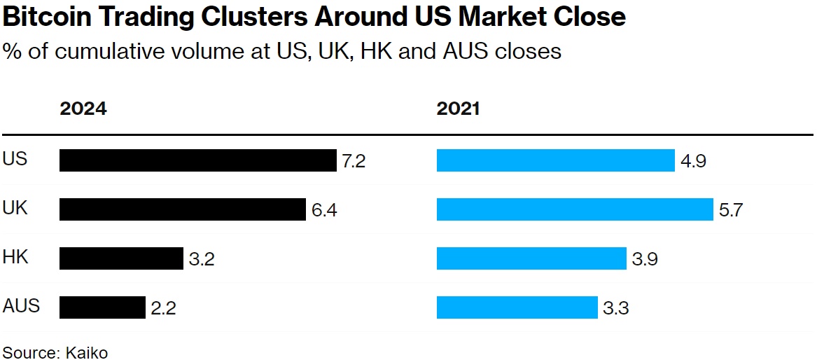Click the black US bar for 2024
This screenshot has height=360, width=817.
coord(197,160)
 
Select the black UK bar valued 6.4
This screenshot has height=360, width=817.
coord(182,209)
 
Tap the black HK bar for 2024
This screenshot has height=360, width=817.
coord(120,258)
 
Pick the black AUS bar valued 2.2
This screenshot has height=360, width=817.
coord(102,307)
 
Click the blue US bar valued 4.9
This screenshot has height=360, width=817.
coord(555,160)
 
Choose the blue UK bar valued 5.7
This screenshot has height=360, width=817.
coord(575,209)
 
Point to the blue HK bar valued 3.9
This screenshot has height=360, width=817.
coord(531,258)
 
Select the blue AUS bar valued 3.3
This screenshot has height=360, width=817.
coord(517,307)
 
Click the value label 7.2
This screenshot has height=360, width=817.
coord(354,161)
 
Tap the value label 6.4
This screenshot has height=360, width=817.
coord(324,210)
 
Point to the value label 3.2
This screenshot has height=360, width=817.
coord(201,259)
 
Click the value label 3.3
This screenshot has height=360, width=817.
coord(615,308)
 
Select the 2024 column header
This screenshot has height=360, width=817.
coord(83,109)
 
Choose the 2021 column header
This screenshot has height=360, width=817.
coord(458,109)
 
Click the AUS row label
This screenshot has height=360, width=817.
coord(22,306)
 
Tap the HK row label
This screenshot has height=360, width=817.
coord(15,257)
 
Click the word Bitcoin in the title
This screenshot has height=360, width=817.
coord(46,17)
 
